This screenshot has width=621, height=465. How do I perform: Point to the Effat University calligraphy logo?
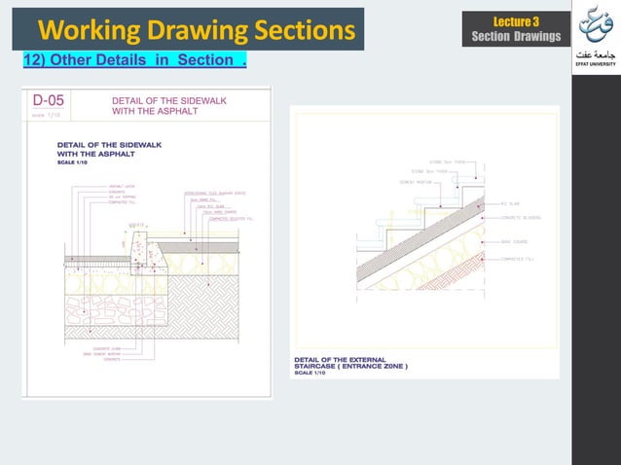[596, 26]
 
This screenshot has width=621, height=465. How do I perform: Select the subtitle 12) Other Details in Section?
[133, 62]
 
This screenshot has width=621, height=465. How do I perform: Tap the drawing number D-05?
[51, 99]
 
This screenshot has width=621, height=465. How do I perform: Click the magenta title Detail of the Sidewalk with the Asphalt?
[156, 105]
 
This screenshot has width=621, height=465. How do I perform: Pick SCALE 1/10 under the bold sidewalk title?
[72, 162]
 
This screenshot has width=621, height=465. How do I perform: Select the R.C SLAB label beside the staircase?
[513, 204]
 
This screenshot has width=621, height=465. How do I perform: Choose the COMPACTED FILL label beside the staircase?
[521, 260]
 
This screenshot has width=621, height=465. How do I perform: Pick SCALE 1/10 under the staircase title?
[312, 374]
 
